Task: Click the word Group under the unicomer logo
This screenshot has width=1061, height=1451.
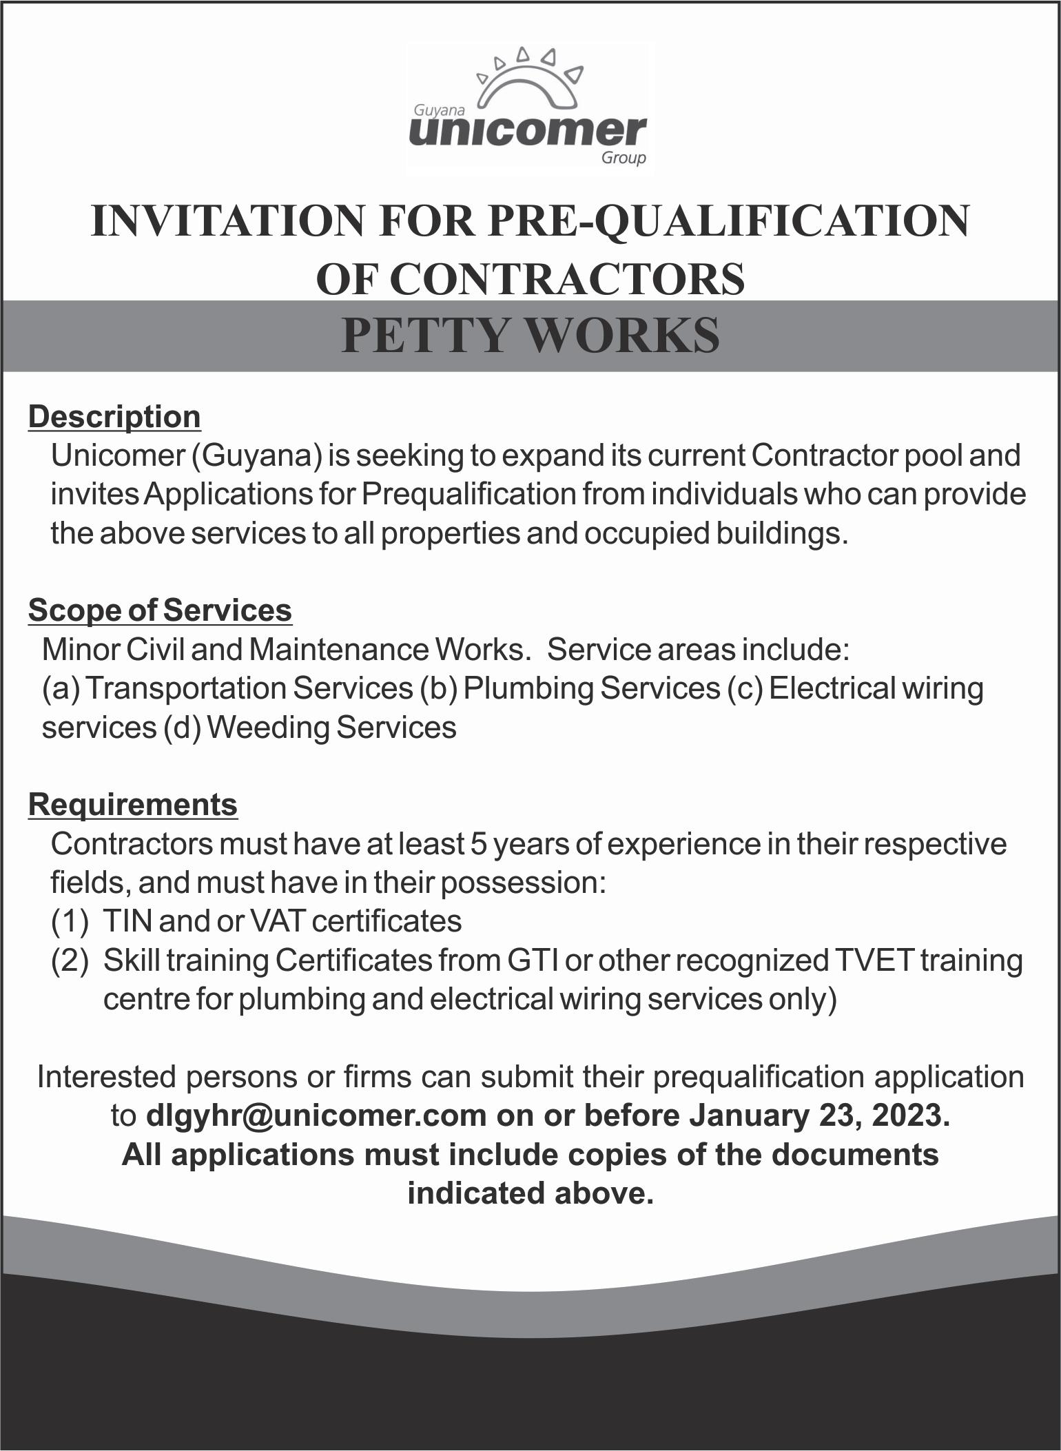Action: pyautogui.click(x=624, y=158)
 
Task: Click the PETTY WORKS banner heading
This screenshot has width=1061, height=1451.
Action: pyautogui.click(x=530, y=336)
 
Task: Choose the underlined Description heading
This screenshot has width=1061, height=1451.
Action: pyautogui.click(x=114, y=417)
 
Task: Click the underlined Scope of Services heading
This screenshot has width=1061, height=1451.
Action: pyautogui.click(x=160, y=610)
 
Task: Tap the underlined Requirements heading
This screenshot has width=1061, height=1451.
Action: pyautogui.click(x=133, y=804)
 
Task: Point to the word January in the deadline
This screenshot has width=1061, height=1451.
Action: pyautogui.click(x=748, y=1115)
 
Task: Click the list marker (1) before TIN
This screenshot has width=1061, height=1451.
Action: pyautogui.click(x=70, y=921)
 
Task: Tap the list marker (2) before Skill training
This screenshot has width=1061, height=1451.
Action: pyautogui.click(x=70, y=960)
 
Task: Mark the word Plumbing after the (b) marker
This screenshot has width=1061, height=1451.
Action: pyautogui.click(x=528, y=688)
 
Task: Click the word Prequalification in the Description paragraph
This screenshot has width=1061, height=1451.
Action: pyautogui.click(x=469, y=494)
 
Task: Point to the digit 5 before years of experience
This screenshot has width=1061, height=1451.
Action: pyautogui.click(x=479, y=844)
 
